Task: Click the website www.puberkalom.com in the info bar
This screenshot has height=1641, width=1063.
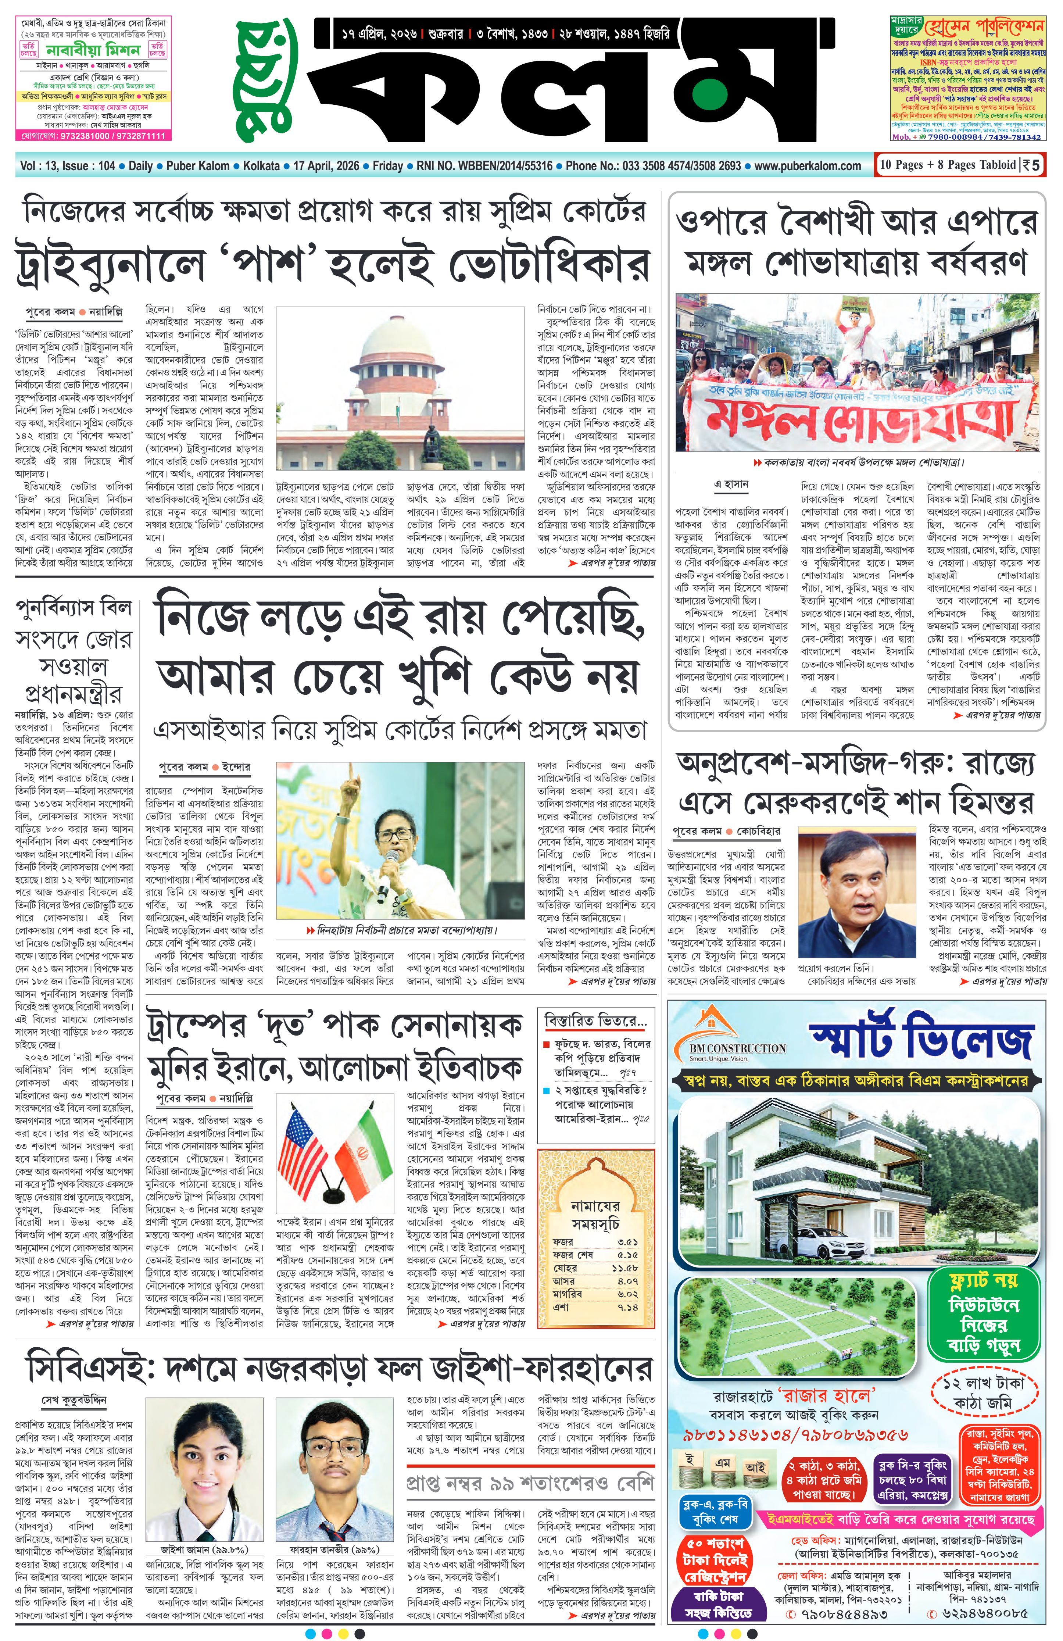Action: [808, 166]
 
